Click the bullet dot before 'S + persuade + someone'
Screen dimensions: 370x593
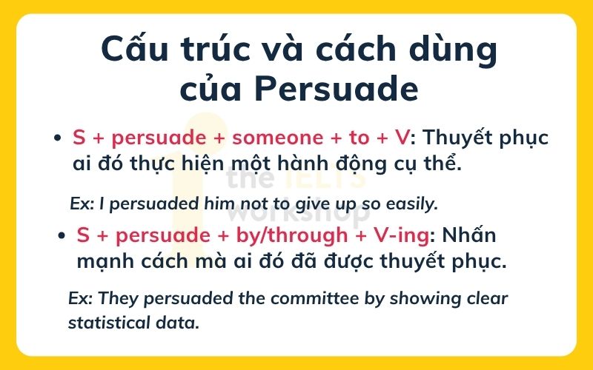[56, 138]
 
